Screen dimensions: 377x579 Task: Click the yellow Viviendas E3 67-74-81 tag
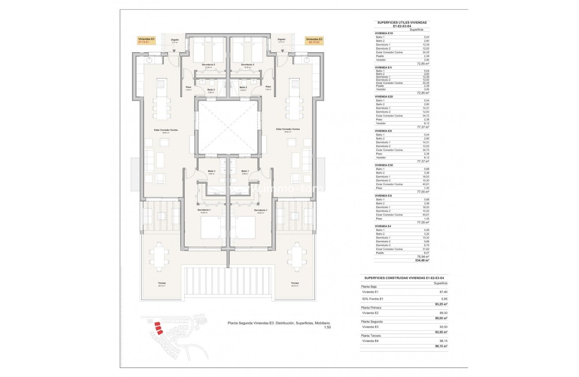(147, 41)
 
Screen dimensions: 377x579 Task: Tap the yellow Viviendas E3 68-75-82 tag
(315, 41)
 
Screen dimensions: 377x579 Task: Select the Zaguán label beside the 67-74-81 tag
(175, 40)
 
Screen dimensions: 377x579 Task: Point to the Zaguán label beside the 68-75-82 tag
(282, 39)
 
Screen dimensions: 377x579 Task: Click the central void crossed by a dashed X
(227, 127)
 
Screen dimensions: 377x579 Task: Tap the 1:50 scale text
(327, 327)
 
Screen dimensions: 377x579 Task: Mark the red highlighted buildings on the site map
(158, 328)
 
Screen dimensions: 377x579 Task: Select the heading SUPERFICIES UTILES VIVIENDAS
(402, 22)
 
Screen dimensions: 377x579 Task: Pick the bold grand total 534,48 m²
(422, 260)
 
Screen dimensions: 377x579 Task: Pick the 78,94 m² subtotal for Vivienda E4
(423, 256)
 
